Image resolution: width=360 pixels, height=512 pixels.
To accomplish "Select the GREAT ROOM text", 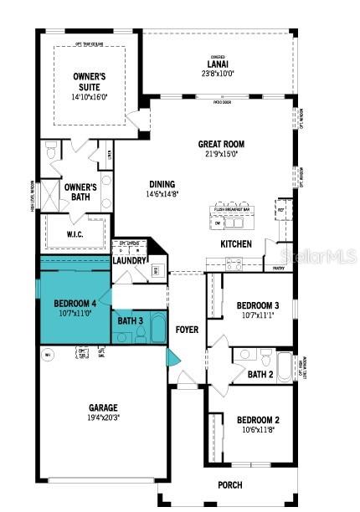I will tap(220, 145).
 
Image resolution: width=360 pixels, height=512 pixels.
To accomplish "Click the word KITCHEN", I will tap(235, 244).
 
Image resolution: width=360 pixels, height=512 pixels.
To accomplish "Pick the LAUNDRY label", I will tap(131, 260).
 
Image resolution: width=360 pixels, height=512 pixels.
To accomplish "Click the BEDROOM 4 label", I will tap(75, 303).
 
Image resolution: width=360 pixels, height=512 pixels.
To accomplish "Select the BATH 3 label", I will tap(130, 320).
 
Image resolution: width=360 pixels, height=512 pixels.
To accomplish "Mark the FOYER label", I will tap(187, 330).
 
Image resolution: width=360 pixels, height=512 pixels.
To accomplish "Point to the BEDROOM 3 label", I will tap(257, 305).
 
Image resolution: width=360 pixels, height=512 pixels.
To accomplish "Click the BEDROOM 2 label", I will tap(257, 420).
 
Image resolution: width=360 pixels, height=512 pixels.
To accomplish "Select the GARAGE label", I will tap(104, 408).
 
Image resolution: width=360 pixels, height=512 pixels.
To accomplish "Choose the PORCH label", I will tap(229, 484).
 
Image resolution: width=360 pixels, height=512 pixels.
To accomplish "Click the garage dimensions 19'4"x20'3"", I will tap(104, 417).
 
